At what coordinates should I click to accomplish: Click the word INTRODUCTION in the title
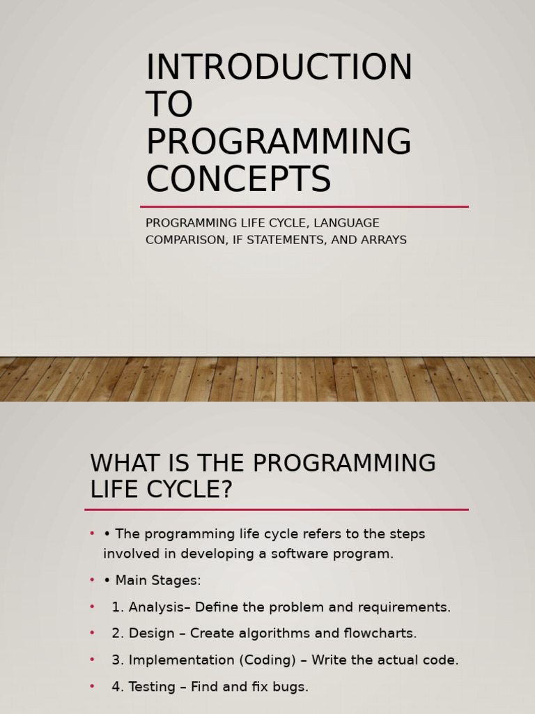(x=279, y=68)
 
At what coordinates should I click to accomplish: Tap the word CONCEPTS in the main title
(x=238, y=180)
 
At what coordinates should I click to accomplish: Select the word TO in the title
(x=169, y=105)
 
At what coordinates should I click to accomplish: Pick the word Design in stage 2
(x=151, y=634)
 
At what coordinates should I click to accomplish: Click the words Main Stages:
(x=158, y=581)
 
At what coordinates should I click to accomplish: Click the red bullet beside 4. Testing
(x=92, y=687)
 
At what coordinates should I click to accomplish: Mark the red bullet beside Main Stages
(x=92, y=580)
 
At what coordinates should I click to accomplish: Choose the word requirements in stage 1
(x=410, y=607)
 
